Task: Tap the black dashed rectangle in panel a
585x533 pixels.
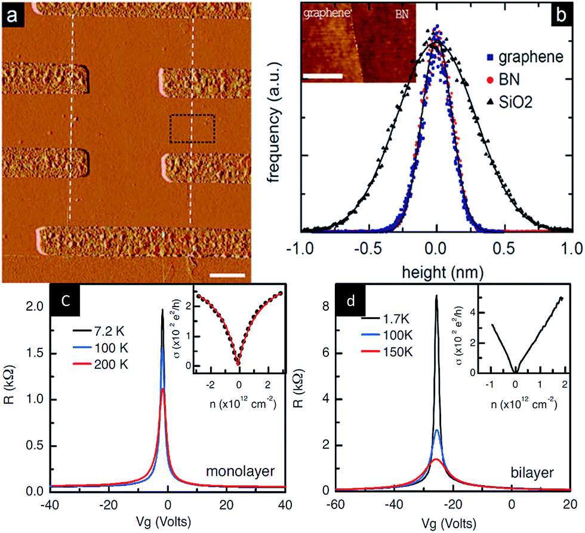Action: click(x=192, y=128)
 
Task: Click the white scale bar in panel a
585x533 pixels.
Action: click(x=227, y=275)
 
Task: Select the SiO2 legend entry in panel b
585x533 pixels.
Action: click(x=516, y=103)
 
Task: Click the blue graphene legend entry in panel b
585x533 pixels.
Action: click(x=523, y=58)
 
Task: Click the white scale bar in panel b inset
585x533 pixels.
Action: click(x=323, y=76)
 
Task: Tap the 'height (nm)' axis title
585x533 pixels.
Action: click(x=436, y=272)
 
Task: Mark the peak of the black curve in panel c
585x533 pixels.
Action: click(x=162, y=310)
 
